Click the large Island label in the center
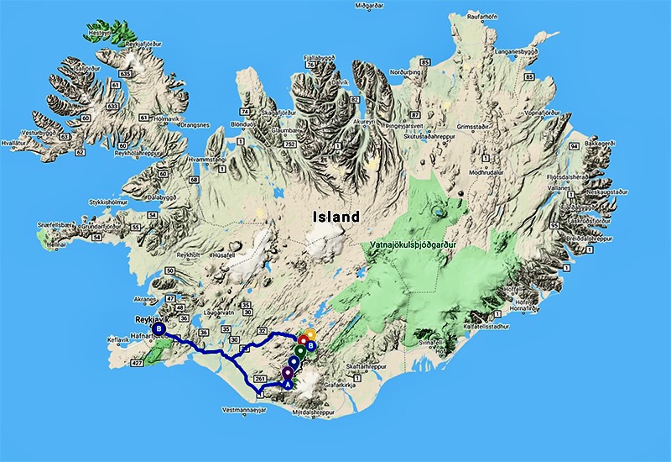[x=335, y=217]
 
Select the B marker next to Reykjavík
[x=159, y=329]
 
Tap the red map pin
[x=304, y=342]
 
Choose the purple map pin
[x=287, y=370]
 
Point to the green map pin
[x=299, y=349]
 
